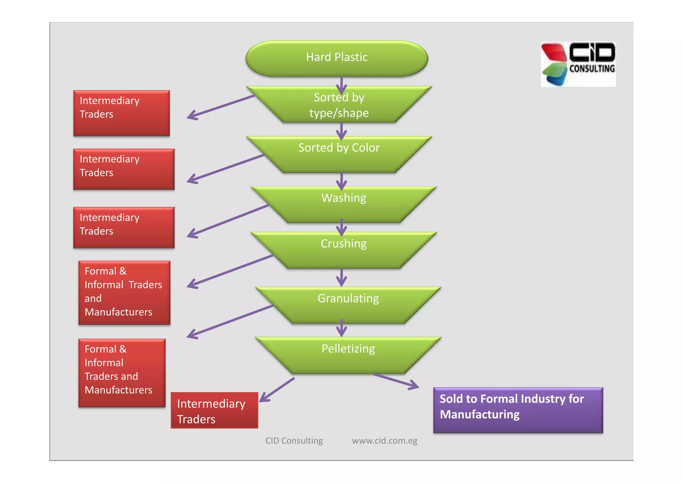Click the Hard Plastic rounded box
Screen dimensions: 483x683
tap(337, 58)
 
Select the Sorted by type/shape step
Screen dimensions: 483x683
tap(339, 105)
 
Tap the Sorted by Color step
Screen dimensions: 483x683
tap(339, 154)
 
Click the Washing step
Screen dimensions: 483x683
tap(344, 204)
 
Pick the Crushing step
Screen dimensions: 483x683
tap(344, 250)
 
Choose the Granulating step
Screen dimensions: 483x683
tap(348, 304)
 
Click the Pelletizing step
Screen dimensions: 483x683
tap(348, 354)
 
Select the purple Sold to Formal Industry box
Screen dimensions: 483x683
tap(518, 410)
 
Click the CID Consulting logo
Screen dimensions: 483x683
tap(578, 64)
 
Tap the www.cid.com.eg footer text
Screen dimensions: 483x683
tap(385, 441)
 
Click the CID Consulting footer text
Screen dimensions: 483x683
tap(294, 441)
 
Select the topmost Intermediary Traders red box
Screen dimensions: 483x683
tap(121, 113)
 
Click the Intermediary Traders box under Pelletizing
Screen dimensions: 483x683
tap(214, 411)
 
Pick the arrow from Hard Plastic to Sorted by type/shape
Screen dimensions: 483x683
tap(341, 85)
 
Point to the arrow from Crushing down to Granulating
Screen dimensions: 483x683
tap(341, 277)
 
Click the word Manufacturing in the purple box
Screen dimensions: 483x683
tap(480, 415)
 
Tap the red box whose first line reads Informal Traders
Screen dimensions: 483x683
tap(124, 292)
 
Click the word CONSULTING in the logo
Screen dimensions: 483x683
tap(592, 69)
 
